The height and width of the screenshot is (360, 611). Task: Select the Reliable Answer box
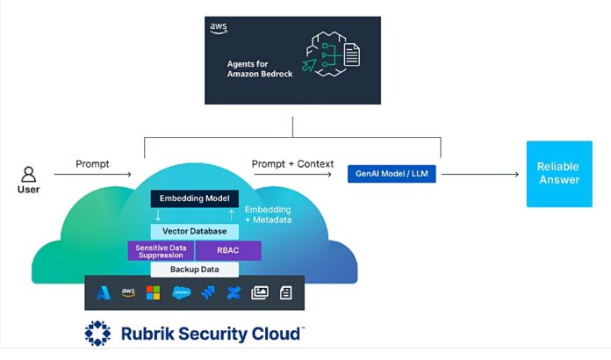tap(558, 173)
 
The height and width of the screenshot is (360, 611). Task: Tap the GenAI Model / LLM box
tap(392, 174)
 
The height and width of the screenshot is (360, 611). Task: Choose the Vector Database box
tap(194, 231)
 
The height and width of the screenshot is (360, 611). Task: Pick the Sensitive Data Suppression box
tap(161, 251)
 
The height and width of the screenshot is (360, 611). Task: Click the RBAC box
tap(227, 251)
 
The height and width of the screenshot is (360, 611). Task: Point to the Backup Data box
tap(194, 271)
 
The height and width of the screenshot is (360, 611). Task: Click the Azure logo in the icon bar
tap(102, 293)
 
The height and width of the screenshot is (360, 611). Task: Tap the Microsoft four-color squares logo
tap(154, 293)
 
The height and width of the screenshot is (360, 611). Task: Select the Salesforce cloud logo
tap(182, 293)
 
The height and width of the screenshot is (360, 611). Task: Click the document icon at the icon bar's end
tap(285, 293)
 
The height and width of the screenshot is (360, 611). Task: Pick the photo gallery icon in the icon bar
tap(260, 293)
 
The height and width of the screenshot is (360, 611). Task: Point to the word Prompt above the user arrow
tap(93, 164)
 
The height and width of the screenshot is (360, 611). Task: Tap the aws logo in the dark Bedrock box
tap(219, 28)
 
